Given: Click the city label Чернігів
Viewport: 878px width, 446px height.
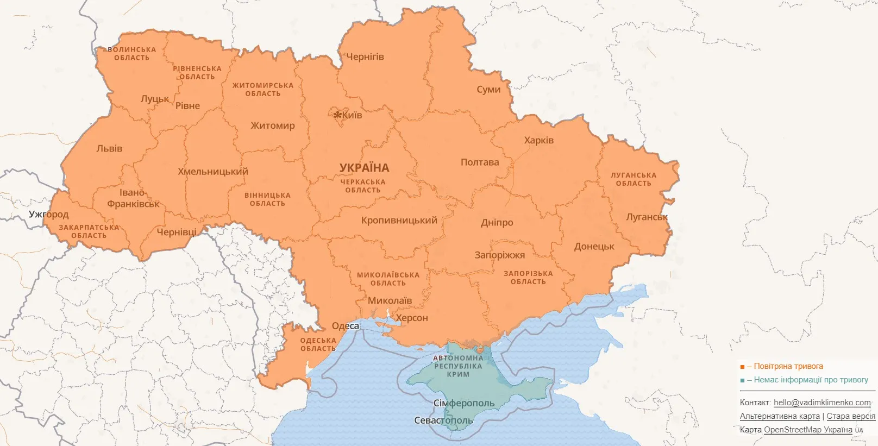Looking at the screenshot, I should pos(365,56).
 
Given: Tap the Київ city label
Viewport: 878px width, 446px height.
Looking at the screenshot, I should pos(352,115).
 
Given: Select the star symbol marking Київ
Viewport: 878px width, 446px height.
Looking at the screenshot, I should pos(337,115).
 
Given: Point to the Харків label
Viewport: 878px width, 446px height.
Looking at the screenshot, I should pos(538,140).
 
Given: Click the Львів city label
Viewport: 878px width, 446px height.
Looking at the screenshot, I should pos(109,148).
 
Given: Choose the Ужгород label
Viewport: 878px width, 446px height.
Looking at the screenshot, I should pos(48,214).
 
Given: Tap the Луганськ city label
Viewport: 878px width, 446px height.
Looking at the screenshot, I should pos(647,217).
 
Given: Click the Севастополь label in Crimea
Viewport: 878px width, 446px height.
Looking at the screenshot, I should pos(443,420).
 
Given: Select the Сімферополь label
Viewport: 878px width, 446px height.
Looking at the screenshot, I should pos(463,403).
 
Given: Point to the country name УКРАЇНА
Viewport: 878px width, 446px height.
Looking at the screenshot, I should pos(364,168).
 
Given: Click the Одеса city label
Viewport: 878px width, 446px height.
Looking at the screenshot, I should pos(345,326).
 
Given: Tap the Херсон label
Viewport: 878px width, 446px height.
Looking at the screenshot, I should pos(411,318).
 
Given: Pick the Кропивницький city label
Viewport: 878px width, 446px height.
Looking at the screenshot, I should pos(399,221).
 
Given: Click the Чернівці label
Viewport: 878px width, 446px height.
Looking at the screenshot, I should pos(176,232).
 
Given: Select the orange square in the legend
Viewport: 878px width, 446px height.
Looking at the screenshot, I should pos(742,367).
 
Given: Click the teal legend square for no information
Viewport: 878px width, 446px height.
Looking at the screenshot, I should pos(742,381).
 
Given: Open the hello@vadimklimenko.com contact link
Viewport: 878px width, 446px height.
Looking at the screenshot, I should pos(821,403).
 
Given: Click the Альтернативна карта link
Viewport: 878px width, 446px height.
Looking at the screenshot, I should pos(779,416).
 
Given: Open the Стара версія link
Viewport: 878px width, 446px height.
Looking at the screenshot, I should pos(850,416).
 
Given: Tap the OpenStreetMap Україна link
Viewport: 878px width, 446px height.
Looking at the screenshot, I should pos(808,430).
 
